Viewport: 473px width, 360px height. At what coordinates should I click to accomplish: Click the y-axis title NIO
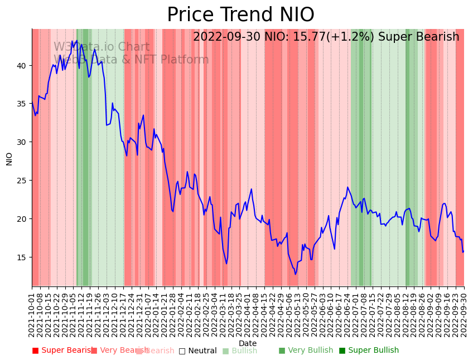click(9, 158)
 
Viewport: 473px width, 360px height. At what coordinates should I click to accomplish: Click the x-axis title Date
click(248, 343)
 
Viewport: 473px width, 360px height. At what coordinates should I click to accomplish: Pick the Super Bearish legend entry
click(62, 351)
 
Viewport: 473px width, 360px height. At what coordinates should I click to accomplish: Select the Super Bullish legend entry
click(369, 351)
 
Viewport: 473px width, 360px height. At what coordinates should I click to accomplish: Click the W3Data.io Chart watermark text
click(102, 47)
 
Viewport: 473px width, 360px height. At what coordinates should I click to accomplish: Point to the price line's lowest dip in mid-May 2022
click(296, 274)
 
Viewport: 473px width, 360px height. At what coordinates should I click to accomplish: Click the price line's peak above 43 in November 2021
click(76, 40)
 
